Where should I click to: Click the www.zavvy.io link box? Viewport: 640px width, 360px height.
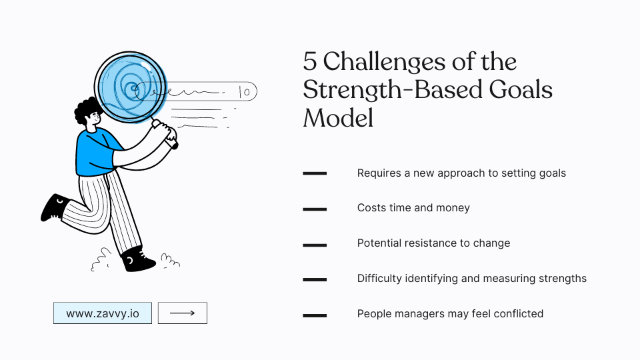[103, 313]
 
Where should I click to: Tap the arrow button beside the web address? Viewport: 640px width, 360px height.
[182, 313]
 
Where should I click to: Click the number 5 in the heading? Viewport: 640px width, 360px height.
[310, 62]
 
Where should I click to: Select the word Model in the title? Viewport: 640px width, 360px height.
[338, 118]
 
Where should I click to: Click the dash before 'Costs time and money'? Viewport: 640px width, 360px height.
[315, 209]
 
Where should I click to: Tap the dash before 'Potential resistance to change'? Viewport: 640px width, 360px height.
[315, 244]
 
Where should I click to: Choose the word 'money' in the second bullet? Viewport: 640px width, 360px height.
[454, 208]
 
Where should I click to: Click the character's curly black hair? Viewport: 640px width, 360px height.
[87, 110]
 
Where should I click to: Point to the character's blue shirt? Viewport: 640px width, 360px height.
[97, 153]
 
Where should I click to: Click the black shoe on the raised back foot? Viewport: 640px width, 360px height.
[55, 207]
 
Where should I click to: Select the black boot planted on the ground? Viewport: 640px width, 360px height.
[139, 258]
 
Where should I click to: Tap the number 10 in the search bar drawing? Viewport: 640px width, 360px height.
[244, 92]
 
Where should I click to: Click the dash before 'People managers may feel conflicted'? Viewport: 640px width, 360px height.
[315, 315]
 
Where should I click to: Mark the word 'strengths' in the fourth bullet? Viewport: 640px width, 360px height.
[561, 278]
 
